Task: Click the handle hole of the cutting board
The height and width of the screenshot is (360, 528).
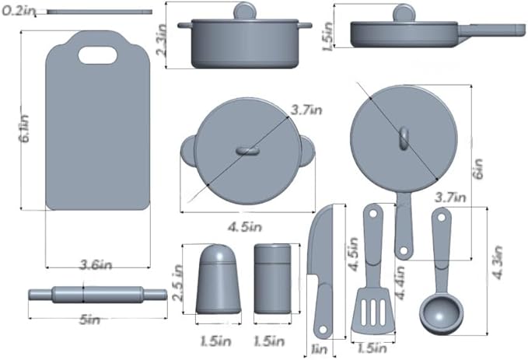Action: pos(97,54)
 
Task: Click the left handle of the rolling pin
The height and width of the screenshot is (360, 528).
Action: pos(40,295)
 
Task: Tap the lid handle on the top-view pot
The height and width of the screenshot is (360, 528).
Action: pos(247,150)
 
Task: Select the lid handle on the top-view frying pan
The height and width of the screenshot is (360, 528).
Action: pos(403,138)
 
